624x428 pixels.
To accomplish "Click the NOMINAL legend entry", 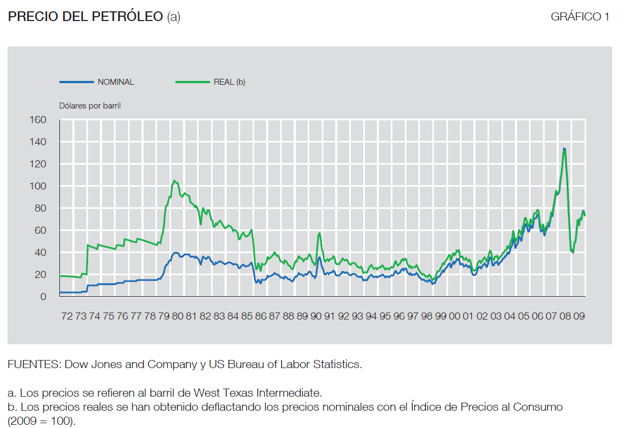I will pyautogui.click(x=116, y=82).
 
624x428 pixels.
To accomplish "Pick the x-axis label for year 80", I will pyautogui.click(x=178, y=316).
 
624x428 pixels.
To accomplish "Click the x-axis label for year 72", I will pyautogui.click(x=67, y=316).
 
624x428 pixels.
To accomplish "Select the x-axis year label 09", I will pyautogui.click(x=579, y=316).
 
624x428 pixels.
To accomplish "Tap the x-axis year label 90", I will pyautogui.click(x=316, y=316).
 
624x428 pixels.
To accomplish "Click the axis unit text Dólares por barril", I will pyautogui.click(x=90, y=106).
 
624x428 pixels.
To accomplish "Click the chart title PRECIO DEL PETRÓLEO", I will pyautogui.click(x=85, y=17).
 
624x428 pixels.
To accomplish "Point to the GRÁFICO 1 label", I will pyautogui.click(x=580, y=17).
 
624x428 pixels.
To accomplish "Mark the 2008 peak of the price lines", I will pyautogui.click(x=564, y=148).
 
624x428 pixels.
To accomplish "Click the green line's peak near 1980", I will pyautogui.click(x=174, y=180).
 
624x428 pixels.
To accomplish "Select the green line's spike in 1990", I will pyautogui.click(x=319, y=233).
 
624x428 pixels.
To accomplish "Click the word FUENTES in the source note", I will pyautogui.click(x=33, y=364).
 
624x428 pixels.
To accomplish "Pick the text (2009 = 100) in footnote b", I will pyautogui.click(x=42, y=420).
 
